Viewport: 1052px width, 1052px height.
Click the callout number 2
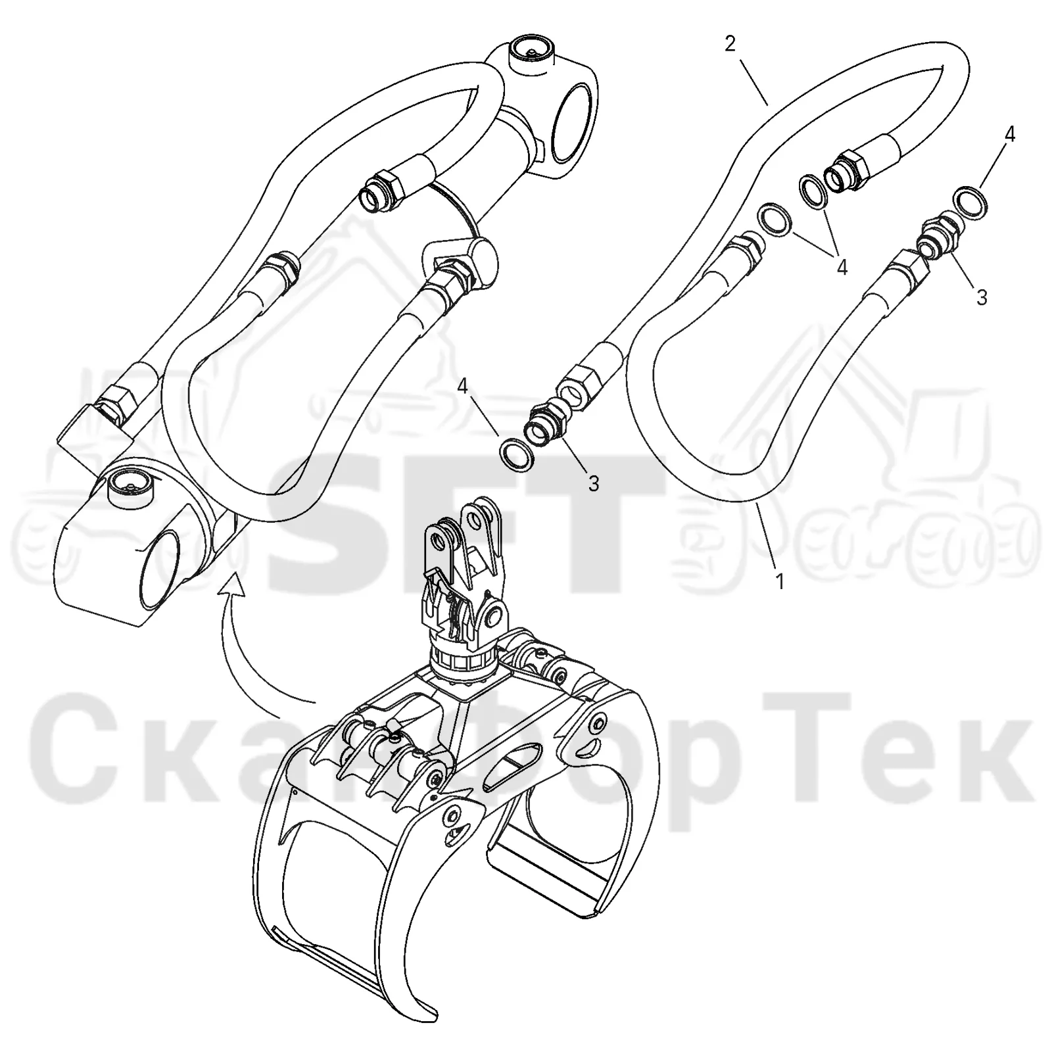[730, 45]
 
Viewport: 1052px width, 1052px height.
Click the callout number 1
[780, 581]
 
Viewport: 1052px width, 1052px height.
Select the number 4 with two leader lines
[842, 267]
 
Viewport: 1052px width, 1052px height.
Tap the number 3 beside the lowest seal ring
[594, 485]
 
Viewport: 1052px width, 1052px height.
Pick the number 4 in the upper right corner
[1010, 135]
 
